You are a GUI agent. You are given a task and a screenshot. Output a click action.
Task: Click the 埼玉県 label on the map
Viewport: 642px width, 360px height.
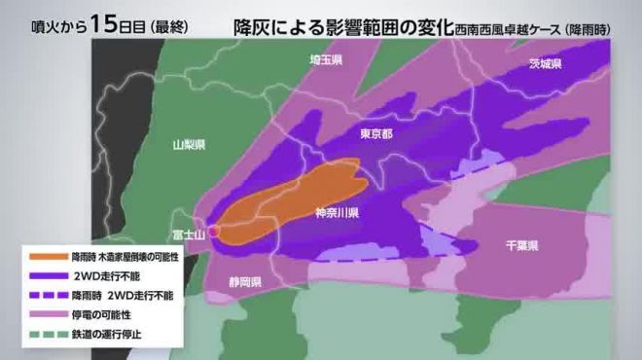point(326,60)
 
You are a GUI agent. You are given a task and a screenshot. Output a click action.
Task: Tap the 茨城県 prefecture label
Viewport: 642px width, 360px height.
point(545,64)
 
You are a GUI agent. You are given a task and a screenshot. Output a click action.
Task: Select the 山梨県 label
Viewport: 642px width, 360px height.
point(188,145)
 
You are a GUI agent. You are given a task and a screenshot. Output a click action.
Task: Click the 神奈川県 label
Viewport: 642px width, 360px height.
point(339,211)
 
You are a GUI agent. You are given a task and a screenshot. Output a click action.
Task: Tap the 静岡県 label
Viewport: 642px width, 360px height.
point(242,282)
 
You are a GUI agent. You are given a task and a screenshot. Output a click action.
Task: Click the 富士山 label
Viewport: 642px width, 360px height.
point(186,234)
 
